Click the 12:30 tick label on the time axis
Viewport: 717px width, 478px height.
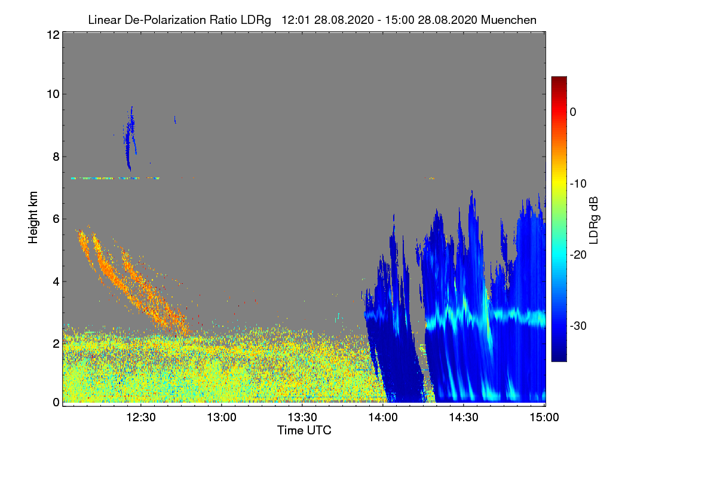point(141,418)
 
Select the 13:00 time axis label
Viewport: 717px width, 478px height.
point(222,418)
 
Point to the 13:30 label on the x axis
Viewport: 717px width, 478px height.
point(302,418)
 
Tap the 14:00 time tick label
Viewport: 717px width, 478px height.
point(383,418)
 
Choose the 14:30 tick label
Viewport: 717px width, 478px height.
point(464,418)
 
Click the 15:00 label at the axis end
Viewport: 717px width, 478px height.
point(544,418)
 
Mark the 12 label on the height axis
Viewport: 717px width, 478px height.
point(53,35)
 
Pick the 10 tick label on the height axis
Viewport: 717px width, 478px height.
point(53,94)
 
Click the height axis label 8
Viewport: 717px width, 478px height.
point(56,157)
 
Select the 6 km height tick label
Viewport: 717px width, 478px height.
point(56,219)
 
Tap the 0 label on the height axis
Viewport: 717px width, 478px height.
point(56,402)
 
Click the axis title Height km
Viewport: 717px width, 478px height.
point(33,217)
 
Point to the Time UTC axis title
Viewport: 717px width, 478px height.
point(304,430)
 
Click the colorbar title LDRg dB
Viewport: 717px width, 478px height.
point(594,220)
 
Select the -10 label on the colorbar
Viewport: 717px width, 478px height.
point(578,184)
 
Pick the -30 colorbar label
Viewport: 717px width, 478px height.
point(578,326)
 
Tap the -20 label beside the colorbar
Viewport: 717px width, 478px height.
point(578,255)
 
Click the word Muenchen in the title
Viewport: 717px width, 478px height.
point(508,20)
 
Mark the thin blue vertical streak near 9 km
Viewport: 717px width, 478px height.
point(130,137)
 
